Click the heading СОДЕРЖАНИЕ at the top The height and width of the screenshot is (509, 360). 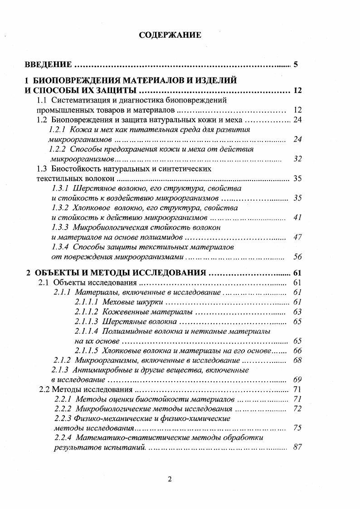point(170,35)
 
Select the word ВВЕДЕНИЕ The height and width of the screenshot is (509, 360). point(48,64)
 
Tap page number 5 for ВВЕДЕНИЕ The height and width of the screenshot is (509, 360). point(296,64)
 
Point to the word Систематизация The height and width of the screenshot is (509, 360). point(78,100)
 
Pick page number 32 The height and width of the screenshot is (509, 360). point(297,159)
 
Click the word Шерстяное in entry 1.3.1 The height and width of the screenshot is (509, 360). point(91,188)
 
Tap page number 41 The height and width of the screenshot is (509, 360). point(297,217)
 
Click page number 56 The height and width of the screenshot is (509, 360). point(297,256)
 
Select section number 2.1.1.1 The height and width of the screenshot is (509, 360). point(87,302)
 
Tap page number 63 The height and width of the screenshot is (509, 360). point(297,312)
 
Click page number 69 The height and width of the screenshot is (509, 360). point(297,379)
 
